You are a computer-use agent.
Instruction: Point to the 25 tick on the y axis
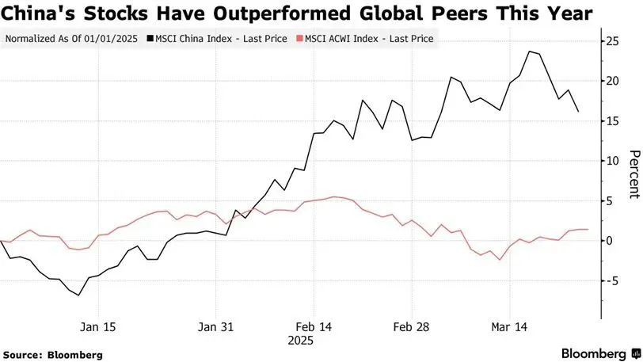pos(610,40)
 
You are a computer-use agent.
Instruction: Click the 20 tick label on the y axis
pos(610,81)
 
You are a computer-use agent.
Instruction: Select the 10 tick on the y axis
pos(610,161)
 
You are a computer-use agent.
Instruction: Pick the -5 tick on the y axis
pos(611,281)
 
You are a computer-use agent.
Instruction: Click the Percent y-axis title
pos(633,174)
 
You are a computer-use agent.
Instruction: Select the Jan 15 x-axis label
pos(98,326)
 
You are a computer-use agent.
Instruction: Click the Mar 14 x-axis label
pos(509,326)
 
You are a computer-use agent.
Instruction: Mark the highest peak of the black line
pos(529,51)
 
